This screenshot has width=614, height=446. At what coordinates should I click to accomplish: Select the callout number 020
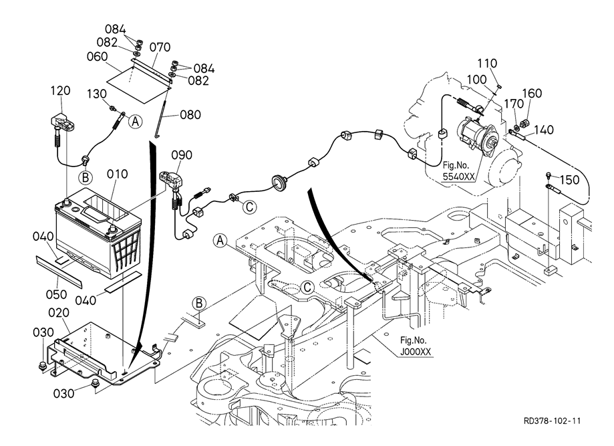59,312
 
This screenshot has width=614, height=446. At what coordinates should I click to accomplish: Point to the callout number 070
160,47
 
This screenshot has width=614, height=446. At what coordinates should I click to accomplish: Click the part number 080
190,114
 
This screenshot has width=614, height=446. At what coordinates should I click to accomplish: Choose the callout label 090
182,155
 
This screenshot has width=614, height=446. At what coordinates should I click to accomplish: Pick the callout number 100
476,79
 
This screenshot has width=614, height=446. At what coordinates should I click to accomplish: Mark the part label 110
487,64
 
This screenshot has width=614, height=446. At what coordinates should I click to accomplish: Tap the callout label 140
545,130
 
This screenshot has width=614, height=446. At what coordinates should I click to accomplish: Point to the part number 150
569,180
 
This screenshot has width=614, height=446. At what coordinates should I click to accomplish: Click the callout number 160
532,93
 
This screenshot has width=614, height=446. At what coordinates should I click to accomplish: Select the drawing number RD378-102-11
553,421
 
